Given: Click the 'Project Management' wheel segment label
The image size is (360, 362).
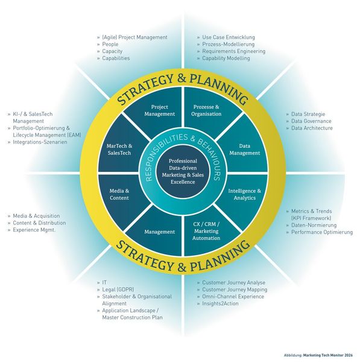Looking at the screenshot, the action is [x=159, y=110].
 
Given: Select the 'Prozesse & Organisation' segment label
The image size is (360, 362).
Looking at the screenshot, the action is [x=206, y=110].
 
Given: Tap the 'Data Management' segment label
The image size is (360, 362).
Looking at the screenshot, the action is [x=245, y=150].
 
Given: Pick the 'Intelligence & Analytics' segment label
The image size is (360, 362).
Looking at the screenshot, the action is [x=245, y=194].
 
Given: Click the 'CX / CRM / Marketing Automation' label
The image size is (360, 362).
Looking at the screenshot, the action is [x=206, y=231].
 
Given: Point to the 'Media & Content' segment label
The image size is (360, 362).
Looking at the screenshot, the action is [x=119, y=194].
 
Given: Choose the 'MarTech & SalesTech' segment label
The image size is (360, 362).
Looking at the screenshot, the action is [x=119, y=150].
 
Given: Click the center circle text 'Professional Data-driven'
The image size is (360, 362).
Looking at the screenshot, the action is [x=183, y=164].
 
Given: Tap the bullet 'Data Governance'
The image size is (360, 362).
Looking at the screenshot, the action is [x=311, y=121].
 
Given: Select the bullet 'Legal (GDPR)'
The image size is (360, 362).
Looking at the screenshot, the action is [x=118, y=290].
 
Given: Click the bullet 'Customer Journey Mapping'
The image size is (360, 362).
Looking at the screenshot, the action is [x=235, y=290].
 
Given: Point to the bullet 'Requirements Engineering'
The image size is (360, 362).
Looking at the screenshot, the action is [x=234, y=51].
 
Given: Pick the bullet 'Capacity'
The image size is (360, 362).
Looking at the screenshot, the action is [x=112, y=51].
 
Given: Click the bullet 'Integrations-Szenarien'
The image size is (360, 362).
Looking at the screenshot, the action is [x=40, y=142].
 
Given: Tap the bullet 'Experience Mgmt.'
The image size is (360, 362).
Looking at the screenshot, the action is [x=34, y=230].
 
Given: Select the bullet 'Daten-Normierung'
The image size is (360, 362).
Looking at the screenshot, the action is [x=314, y=225].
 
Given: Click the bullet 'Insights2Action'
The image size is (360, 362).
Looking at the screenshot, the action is [x=220, y=303].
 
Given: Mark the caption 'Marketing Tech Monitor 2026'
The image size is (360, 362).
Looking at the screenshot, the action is [x=328, y=355].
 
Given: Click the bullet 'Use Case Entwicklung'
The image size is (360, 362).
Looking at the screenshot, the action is [x=229, y=37].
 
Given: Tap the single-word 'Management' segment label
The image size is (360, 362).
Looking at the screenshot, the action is [x=159, y=232].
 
